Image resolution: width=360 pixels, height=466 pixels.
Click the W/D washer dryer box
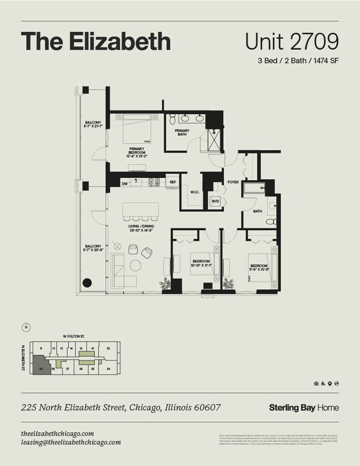point(215,201)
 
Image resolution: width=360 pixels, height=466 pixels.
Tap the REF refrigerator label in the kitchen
point(173,182)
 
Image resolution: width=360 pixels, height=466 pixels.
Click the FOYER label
point(233,182)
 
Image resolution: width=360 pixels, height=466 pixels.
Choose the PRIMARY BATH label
point(182,132)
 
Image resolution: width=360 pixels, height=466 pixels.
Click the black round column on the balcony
point(87,283)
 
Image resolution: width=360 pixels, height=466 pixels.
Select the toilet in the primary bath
point(173,119)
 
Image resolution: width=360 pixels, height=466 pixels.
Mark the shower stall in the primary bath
point(213,139)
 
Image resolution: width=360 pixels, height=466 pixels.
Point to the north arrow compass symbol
point(25,327)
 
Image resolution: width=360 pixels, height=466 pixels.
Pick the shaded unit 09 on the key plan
point(41,367)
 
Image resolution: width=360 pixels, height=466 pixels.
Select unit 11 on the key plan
point(41,349)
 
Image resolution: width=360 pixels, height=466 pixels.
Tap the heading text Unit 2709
point(291,42)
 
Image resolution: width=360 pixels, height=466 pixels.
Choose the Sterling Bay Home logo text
point(304,408)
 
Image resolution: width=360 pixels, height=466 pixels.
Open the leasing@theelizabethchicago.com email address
point(71,442)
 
